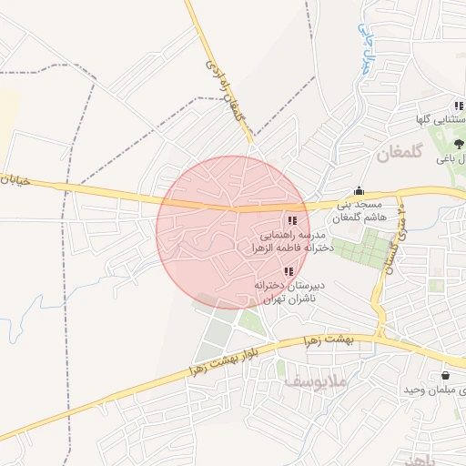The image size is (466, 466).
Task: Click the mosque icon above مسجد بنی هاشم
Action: (359, 191)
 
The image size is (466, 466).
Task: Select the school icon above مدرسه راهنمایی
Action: (291, 221)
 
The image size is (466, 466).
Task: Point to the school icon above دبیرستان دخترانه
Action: (289, 271)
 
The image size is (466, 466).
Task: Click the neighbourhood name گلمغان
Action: (400, 155)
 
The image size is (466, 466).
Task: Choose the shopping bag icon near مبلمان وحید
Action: (445, 375)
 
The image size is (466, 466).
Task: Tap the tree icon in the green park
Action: (459, 142)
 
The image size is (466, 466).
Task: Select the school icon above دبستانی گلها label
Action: (459, 106)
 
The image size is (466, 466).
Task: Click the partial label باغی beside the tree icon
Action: (449, 159)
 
